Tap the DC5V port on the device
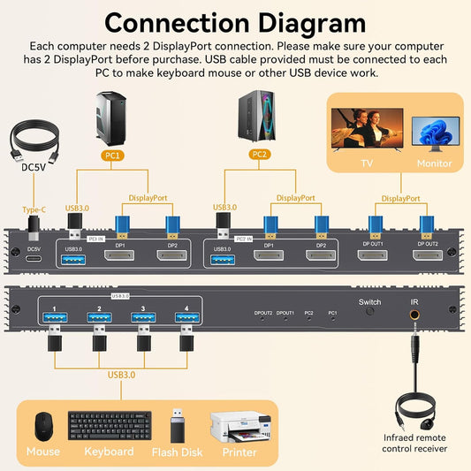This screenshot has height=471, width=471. coord(34,257)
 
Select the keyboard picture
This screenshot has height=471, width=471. coord(108,427)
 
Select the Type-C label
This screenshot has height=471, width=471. coord(34,209)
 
